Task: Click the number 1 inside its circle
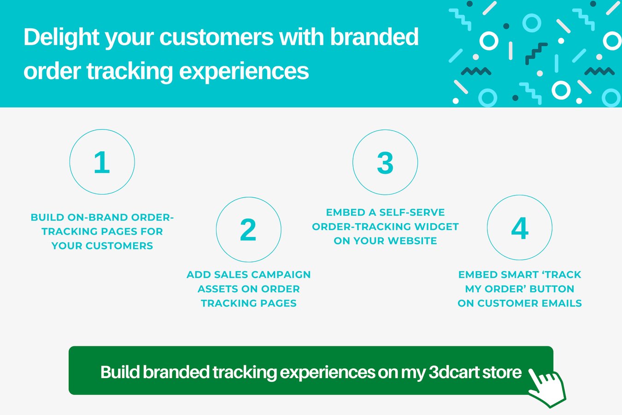point(102,162)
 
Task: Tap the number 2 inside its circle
point(248,230)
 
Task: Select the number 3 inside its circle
point(385,163)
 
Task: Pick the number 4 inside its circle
point(520,228)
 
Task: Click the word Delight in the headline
point(61,37)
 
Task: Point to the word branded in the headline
point(374,37)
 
